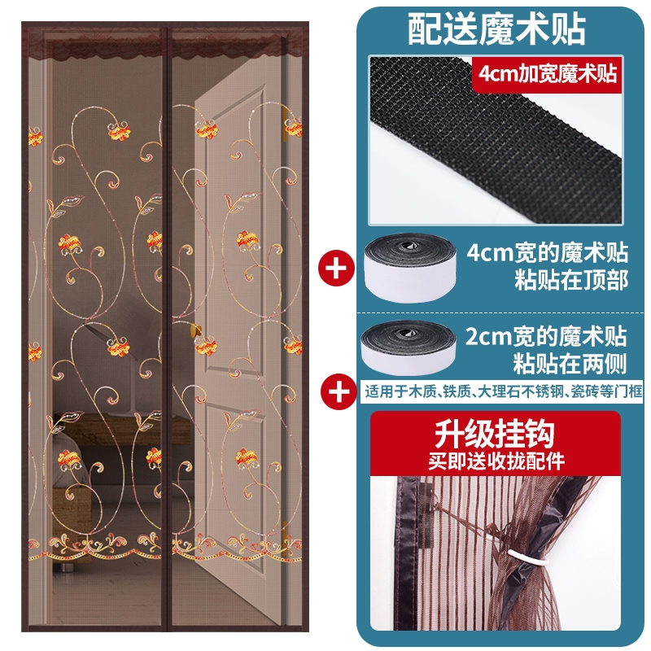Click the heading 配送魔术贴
[496, 29]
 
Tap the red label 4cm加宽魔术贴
[547, 74]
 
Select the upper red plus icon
[336, 268]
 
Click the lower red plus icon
[339, 391]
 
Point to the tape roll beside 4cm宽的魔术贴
[410, 267]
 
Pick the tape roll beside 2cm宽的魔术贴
[409, 347]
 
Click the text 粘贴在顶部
[571, 280]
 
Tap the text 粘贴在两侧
[570, 363]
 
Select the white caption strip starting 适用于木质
[501, 391]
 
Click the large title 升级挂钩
[495, 433]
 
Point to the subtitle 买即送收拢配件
[496, 461]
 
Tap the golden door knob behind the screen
[197, 331]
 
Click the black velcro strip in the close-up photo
[496, 141]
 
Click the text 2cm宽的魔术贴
[546, 335]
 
